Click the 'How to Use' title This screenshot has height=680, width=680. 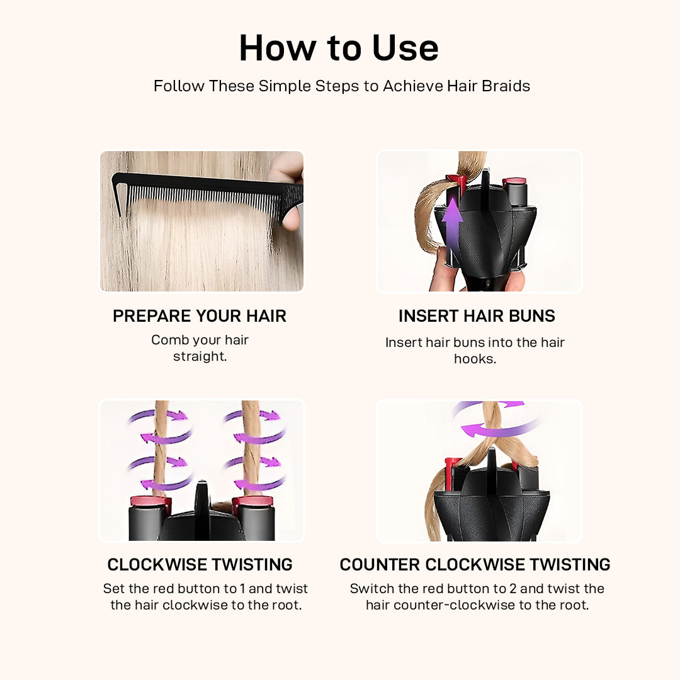click(339, 48)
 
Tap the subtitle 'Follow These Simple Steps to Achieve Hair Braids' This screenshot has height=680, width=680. click(342, 86)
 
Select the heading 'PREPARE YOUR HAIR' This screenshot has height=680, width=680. click(200, 315)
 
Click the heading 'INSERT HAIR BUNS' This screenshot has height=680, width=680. click(477, 315)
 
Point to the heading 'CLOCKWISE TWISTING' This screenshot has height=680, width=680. click(200, 564)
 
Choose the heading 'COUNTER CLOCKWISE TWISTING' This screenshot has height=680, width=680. click(475, 564)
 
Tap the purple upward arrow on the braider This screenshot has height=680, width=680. click(452, 225)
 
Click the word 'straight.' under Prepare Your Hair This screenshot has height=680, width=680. click(200, 356)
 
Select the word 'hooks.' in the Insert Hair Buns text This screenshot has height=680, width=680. click(475, 359)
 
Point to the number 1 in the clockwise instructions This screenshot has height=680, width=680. click(242, 589)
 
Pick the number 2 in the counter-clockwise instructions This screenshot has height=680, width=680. click(513, 589)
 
